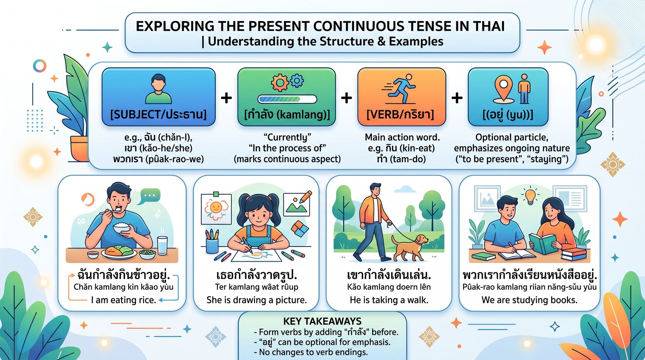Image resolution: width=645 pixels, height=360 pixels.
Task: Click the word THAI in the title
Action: pos(489,26)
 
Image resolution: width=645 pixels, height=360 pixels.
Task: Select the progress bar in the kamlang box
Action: pos(287,99)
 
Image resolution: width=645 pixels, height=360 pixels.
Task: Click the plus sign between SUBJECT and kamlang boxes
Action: pos(226,98)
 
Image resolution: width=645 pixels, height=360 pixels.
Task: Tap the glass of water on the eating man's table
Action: pos(162,245)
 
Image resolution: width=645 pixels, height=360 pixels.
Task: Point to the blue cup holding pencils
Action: pos(212,246)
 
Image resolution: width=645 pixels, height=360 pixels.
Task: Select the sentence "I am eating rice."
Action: pos(124,300)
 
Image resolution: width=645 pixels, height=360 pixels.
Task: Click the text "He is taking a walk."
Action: pos(389,300)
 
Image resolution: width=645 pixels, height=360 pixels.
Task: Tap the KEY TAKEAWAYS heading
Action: pos(322,321)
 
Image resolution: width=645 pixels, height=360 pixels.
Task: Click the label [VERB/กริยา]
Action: pos(400,115)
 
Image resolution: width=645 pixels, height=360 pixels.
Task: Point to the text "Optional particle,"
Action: pos(512,137)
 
